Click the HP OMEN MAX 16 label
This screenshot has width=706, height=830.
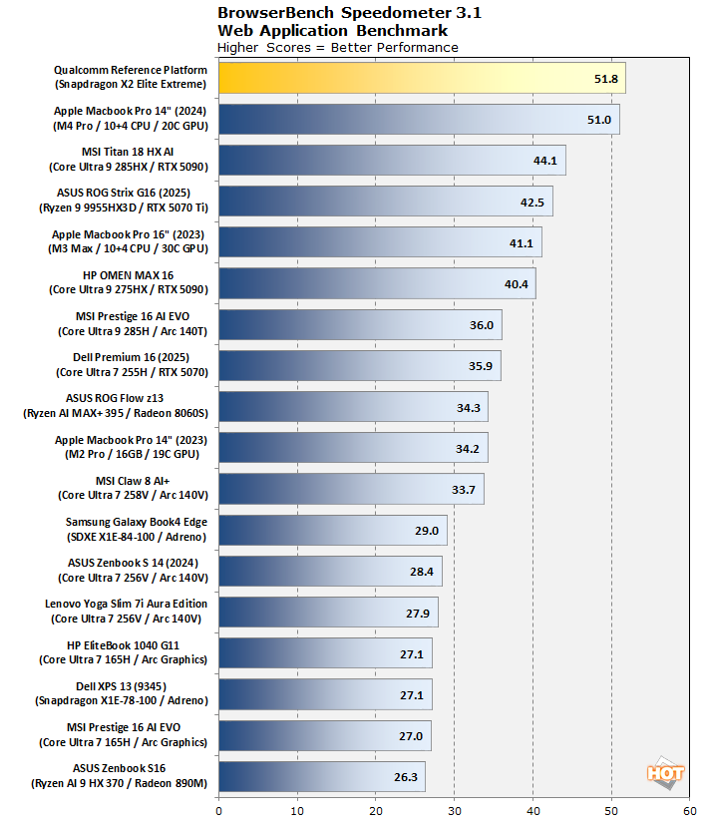pyautogui.click(x=130, y=282)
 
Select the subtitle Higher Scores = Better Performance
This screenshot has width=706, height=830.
pyautogui.click(x=337, y=47)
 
